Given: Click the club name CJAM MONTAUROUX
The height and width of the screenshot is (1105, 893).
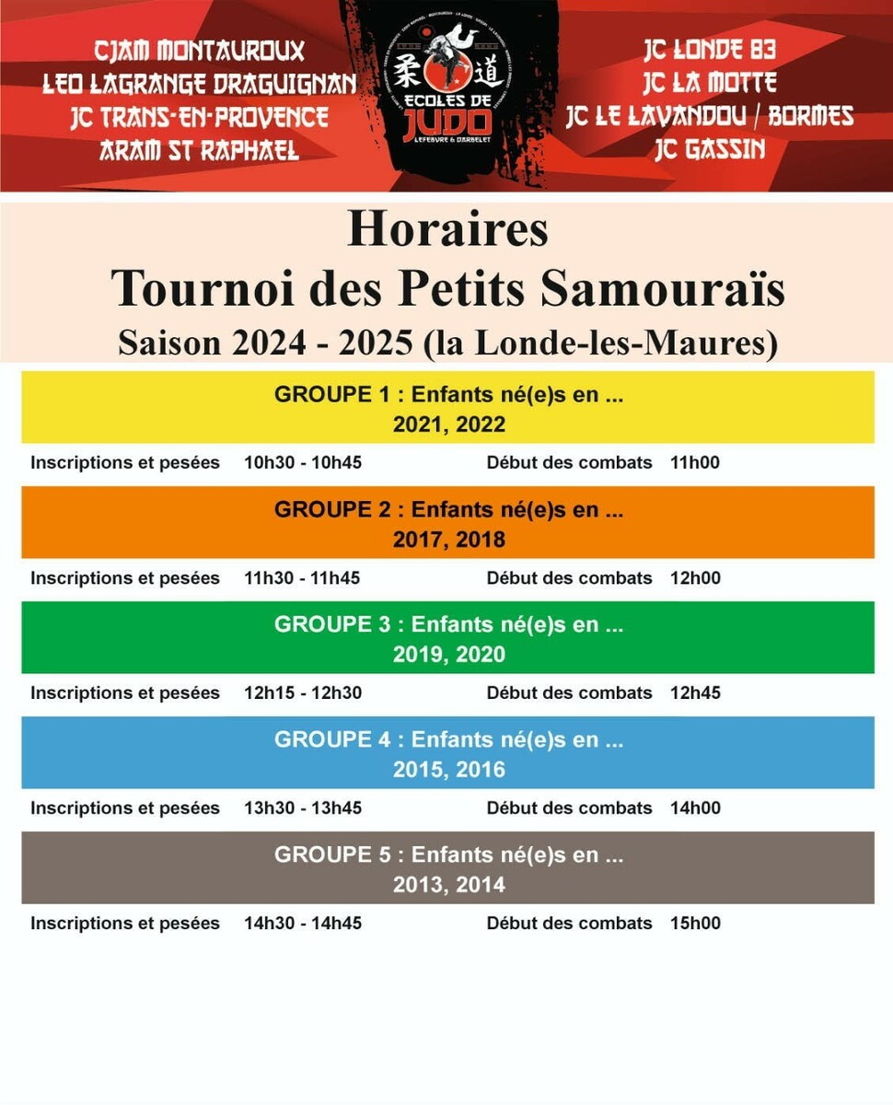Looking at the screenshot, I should coord(200,50).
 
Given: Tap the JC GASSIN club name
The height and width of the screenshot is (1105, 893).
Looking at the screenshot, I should coord(710,150).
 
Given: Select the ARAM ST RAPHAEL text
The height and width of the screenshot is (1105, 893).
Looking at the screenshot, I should coord(200,150).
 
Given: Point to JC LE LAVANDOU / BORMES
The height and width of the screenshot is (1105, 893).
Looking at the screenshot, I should coord(710,117).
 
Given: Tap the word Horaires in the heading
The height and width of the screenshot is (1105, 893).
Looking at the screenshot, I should coord(447,230).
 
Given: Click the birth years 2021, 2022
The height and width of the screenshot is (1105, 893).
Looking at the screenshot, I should coord(449,425).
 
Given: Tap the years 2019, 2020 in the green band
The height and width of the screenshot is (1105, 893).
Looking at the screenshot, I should coord(449,655).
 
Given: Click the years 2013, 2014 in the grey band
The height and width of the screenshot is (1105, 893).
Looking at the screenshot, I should coord(449,885).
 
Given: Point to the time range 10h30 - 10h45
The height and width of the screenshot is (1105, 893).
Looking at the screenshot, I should coord(303,462).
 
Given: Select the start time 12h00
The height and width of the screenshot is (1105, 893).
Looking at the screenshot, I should coord(696,578).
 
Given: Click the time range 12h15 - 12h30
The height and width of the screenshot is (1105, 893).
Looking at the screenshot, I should coord(303,692).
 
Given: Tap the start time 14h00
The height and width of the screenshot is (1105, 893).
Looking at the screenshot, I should coord(696,808).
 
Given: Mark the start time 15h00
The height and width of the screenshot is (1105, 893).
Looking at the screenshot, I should coord(696,924).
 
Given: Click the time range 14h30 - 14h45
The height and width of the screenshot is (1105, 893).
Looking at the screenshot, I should coord(303,924).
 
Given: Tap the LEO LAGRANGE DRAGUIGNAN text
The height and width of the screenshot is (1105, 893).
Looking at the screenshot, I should coord(200,84).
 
